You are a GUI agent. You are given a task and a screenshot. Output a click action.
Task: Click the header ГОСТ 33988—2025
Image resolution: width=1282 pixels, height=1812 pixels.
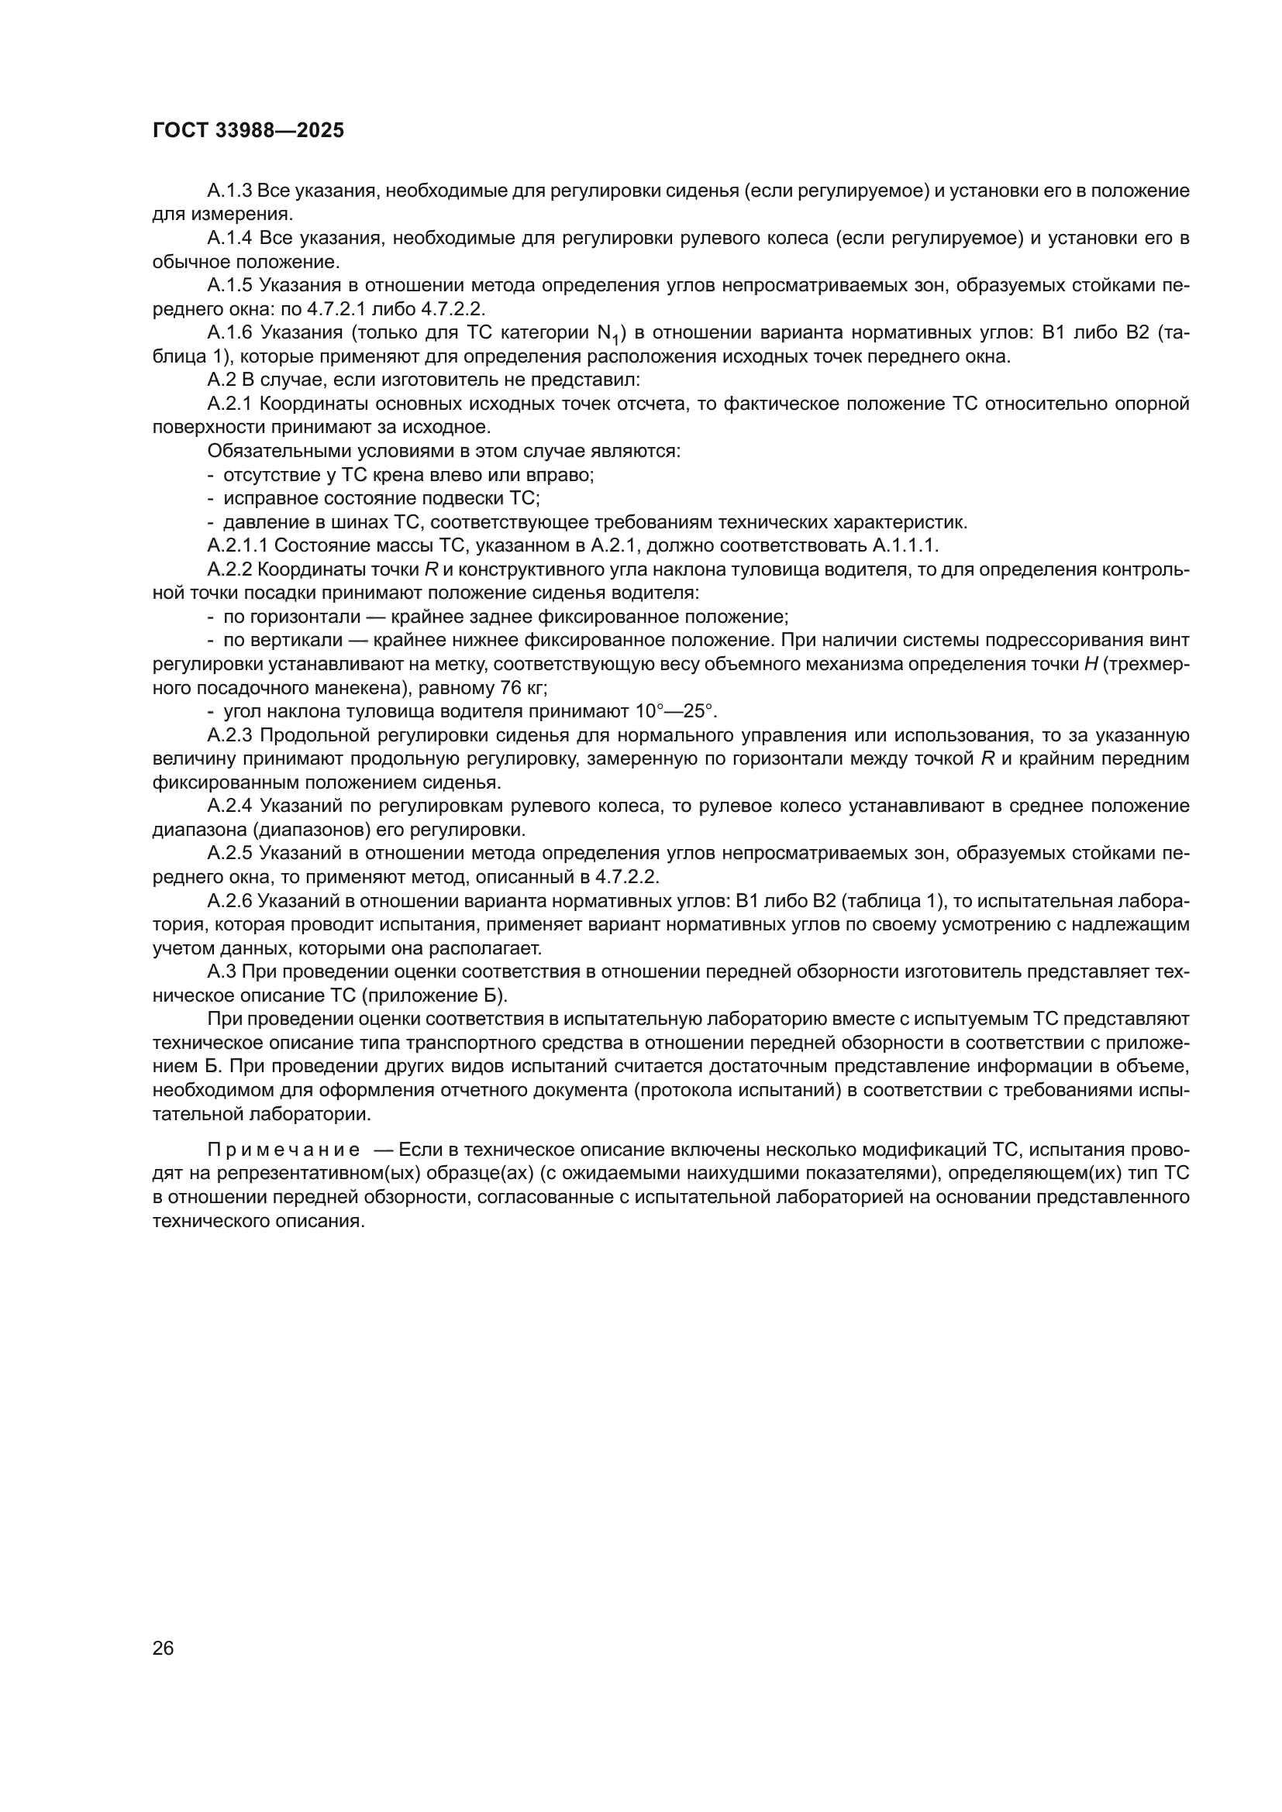tap(248, 131)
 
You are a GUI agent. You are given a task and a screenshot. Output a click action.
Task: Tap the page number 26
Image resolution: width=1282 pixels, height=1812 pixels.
tap(163, 1647)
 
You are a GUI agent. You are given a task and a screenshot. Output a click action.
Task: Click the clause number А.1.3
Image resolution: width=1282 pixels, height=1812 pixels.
tap(229, 191)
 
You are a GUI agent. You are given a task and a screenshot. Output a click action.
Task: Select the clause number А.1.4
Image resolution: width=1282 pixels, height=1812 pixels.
tap(229, 239)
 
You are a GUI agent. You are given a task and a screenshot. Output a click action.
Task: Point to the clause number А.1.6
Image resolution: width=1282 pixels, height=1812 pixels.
tap(229, 333)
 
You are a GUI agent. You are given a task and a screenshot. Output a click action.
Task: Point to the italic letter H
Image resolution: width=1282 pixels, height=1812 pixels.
tap(1091, 665)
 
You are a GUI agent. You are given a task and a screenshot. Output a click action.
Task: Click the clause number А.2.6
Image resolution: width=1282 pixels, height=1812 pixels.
tap(229, 901)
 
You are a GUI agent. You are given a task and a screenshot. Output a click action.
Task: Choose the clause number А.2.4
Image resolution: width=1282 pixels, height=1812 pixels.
tap(229, 806)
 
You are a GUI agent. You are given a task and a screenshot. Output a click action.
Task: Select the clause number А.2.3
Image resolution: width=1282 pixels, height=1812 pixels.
tap(229, 735)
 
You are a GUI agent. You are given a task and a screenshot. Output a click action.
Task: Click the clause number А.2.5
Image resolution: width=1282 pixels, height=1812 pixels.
tap(229, 853)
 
